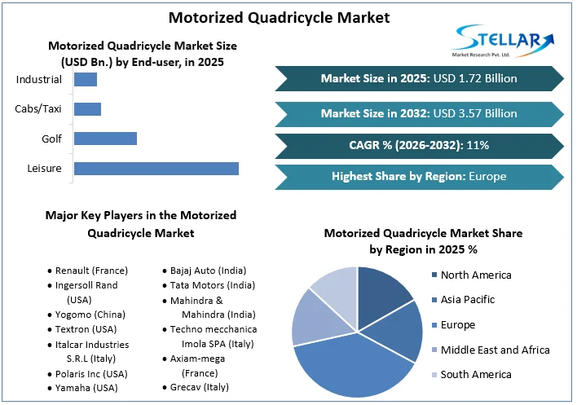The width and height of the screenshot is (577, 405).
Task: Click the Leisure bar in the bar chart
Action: [156, 169]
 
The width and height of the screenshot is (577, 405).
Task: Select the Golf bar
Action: [105, 139]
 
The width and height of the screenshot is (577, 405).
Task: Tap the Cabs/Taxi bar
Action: [87, 109]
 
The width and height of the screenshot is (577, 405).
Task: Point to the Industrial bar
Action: [86, 79]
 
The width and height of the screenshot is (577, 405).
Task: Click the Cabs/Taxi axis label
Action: [38, 109]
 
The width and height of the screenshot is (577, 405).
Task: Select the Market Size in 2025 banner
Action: [419, 78]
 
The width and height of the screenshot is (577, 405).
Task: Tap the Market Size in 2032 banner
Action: [419, 113]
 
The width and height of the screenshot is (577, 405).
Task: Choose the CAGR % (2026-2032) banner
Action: [419, 145]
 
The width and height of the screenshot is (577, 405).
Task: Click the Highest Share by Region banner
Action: [419, 176]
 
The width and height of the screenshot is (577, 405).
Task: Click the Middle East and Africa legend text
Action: [495, 350]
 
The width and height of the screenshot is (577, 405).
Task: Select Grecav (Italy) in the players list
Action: [199, 387]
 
